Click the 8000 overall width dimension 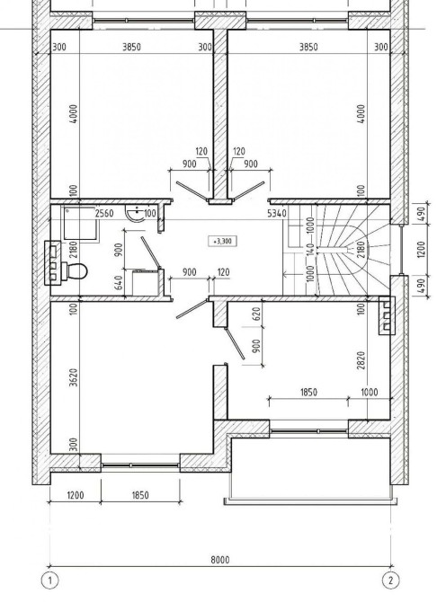(x=219, y=560)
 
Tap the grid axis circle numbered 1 (x=49, y=580)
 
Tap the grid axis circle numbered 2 (x=390, y=580)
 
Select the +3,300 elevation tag (x=222, y=241)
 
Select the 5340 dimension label (x=276, y=213)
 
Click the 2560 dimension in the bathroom (x=104, y=213)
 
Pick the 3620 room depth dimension (x=74, y=377)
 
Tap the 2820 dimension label (x=361, y=360)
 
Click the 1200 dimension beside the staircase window (x=421, y=249)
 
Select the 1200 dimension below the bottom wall (x=75, y=495)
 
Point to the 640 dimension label (x=119, y=283)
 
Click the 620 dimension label (x=257, y=314)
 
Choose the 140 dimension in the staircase (x=310, y=249)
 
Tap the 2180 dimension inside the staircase (x=361, y=249)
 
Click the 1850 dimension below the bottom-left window (x=140, y=495)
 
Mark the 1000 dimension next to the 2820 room (x=370, y=392)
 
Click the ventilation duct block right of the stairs (x=387, y=315)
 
